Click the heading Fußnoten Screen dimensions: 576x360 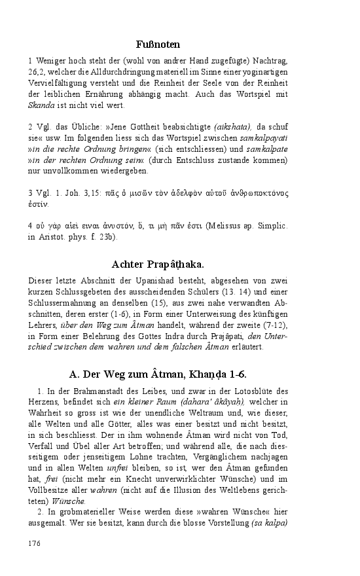pos(158,44)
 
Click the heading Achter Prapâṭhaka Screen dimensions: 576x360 pos(158,264)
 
